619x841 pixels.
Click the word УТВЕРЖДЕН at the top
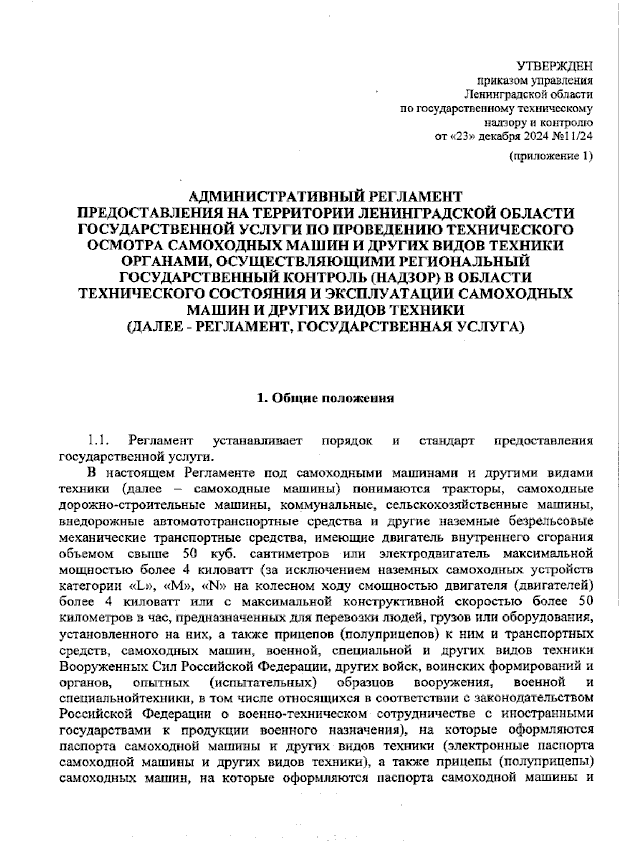point(555,66)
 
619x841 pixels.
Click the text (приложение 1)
point(550,156)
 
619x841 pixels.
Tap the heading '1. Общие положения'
point(325,398)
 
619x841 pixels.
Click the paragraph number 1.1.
point(97,441)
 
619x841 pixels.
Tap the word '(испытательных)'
point(263,682)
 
